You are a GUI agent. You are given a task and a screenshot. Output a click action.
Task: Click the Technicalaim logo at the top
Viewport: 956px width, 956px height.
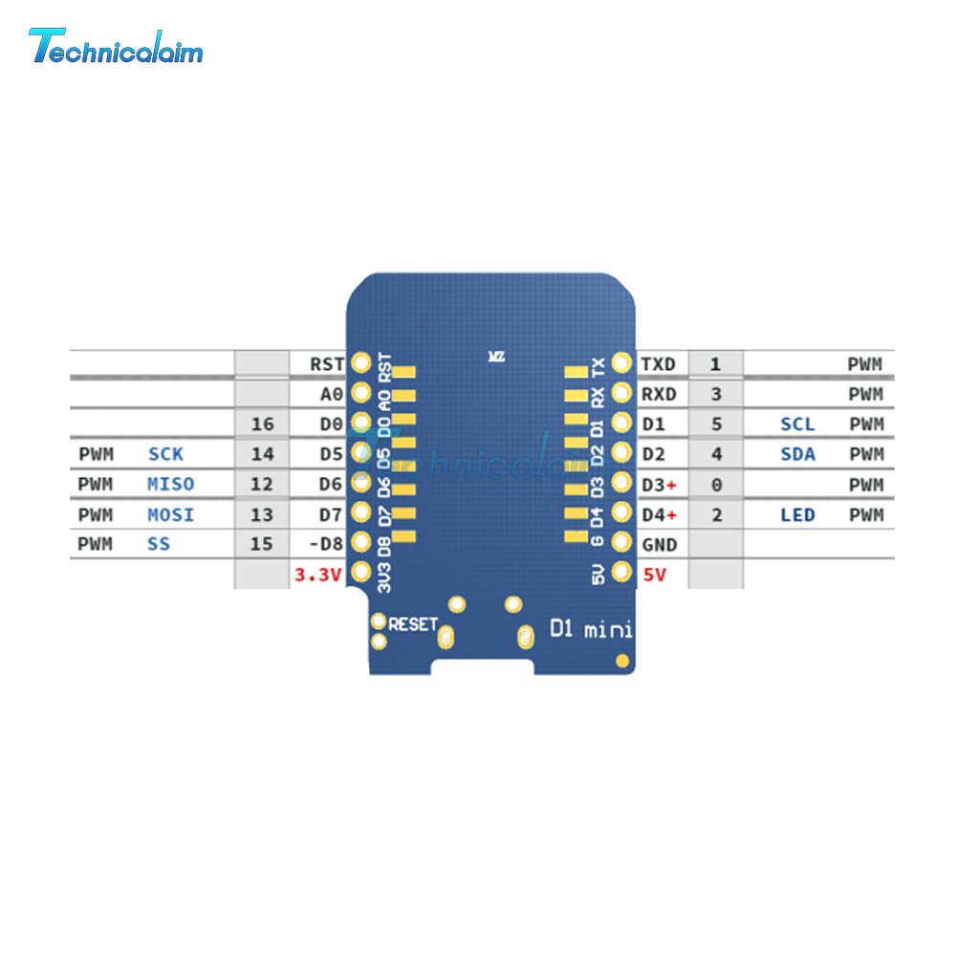(x=116, y=46)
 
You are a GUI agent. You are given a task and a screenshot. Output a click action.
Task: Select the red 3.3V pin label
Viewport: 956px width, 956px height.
(x=316, y=575)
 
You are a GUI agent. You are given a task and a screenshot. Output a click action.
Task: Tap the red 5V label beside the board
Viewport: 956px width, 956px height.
(x=655, y=575)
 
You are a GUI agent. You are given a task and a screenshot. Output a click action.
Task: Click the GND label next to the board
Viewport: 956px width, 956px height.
(x=659, y=545)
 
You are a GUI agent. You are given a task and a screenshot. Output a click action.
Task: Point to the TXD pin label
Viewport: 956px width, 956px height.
(x=658, y=363)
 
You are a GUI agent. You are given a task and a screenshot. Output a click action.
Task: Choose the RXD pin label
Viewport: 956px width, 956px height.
(x=658, y=394)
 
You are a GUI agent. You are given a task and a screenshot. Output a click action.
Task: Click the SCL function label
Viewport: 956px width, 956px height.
(x=797, y=424)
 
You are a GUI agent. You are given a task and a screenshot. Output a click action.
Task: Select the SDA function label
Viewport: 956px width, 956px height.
(x=797, y=454)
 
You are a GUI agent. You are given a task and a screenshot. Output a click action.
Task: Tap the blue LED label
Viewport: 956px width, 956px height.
(x=797, y=515)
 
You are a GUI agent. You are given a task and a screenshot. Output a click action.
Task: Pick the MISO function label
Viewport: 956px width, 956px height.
(x=171, y=485)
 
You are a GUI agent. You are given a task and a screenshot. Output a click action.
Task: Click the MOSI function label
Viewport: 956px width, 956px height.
(x=171, y=515)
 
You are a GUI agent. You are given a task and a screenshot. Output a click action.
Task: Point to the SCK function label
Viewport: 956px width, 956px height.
(x=165, y=454)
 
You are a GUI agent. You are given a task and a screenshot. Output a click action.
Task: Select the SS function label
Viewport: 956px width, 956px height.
(x=160, y=545)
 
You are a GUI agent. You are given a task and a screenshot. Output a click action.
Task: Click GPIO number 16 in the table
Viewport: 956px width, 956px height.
(x=261, y=424)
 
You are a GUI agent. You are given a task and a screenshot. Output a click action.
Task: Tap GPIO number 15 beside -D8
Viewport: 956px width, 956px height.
(x=261, y=545)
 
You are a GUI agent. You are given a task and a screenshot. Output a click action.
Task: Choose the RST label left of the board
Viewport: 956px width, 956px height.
(x=327, y=363)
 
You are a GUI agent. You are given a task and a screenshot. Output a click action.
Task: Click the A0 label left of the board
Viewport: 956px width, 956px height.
(x=332, y=394)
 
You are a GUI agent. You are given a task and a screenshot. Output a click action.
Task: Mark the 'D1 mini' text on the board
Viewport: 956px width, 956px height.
(x=590, y=629)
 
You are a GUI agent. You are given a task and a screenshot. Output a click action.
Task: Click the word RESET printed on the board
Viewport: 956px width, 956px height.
(x=413, y=624)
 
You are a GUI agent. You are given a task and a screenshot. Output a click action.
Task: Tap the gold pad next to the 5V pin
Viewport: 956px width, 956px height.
(x=621, y=573)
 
